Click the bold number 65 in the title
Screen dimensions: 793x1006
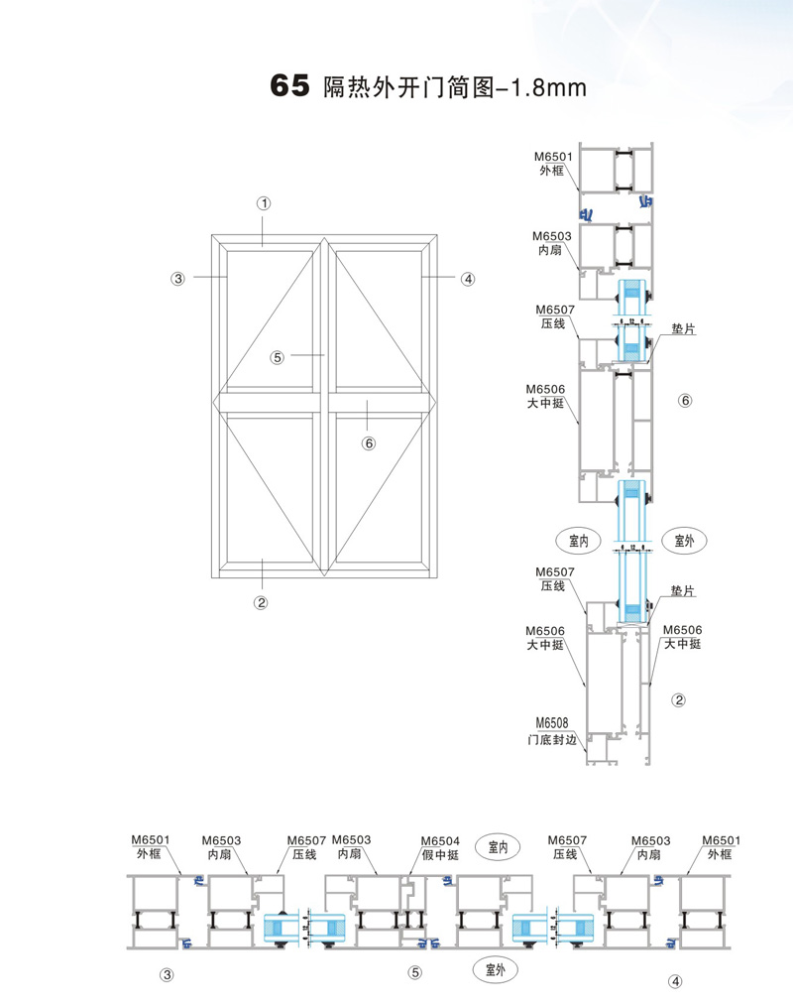pos(289,86)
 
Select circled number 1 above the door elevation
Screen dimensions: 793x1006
pos(264,203)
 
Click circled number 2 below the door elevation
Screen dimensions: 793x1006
pos(261,602)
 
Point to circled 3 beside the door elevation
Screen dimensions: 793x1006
pos(177,279)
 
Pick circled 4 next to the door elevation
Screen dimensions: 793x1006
pos(468,279)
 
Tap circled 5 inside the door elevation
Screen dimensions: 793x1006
pos(277,357)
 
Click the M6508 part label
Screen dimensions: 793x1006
pos(552,723)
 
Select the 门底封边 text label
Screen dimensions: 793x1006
pos(552,740)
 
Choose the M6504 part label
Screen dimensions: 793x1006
pos(440,840)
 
